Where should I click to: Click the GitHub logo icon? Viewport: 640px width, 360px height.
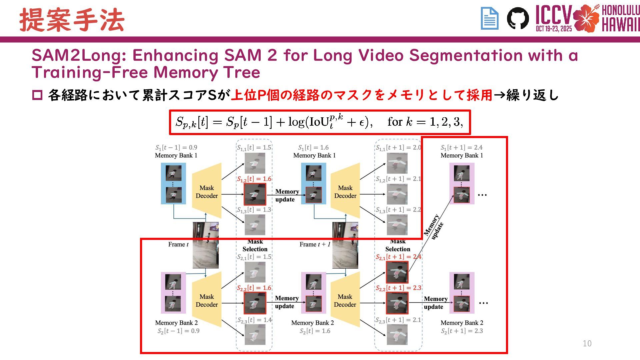click(518, 18)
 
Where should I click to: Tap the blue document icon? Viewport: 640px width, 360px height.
click(490, 18)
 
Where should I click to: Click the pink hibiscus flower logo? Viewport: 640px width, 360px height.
click(586, 18)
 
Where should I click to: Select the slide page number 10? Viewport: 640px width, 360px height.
click(587, 343)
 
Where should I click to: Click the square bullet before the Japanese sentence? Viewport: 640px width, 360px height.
click(37, 95)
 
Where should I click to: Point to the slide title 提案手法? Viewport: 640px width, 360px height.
click(72, 20)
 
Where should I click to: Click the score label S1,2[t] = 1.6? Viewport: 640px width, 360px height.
click(254, 179)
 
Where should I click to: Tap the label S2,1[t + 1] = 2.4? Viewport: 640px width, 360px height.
click(398, 257)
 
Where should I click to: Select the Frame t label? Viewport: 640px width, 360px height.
click(178, 244)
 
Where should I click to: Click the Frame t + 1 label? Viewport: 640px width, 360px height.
click(315, 244)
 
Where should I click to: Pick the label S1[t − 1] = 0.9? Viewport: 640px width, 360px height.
click(176, 147)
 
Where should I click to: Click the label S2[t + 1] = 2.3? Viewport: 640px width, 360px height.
click(462, 331)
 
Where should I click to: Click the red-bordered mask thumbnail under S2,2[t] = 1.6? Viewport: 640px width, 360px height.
click(255, 303)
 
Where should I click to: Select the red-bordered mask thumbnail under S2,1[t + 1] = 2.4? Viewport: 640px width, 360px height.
click(397, 272)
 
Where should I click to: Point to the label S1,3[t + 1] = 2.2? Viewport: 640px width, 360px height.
click(398, 210)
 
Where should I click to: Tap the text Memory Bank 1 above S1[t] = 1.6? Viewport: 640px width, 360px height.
click(314, 155)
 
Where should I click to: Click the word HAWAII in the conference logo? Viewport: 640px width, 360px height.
click(620, 24)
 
